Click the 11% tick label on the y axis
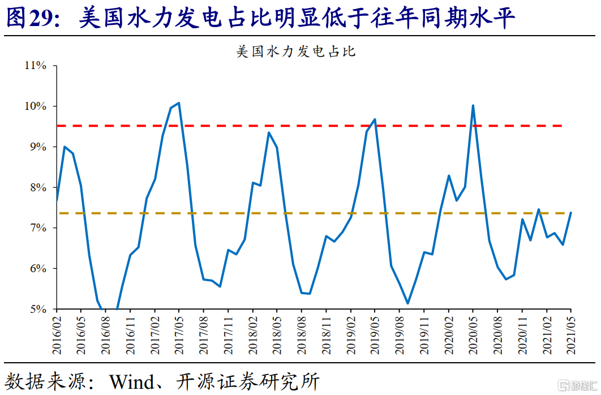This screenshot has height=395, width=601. [36, 66]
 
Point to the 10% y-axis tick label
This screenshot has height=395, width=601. [36, 106]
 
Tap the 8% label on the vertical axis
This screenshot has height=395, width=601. [38, 187]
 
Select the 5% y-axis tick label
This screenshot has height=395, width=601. [38, 309]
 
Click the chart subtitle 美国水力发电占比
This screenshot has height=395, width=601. [296, 51]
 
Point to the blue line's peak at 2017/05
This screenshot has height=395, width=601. [179, 102]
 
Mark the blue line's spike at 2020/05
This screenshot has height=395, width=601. [473, 105]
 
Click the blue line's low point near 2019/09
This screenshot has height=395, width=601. [408, 303]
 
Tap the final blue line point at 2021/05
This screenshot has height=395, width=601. [571, 213]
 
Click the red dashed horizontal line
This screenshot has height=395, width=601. [310, 126]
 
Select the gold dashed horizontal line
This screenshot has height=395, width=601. [310, 213]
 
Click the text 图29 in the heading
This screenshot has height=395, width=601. [31, 18]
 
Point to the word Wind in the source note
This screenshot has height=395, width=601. [131, 381]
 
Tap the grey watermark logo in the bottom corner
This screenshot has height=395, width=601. [578, 385]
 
